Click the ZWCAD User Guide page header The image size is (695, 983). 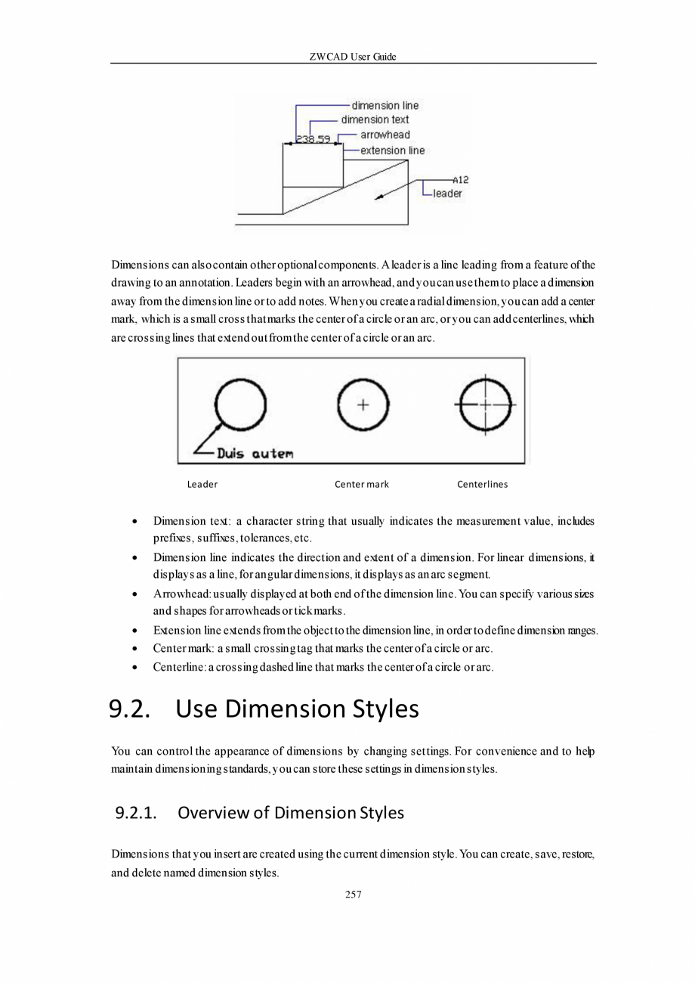pyautogui.click(x=353, y=57)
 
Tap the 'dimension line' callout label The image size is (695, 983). pyautogui.click(x=385, y=105)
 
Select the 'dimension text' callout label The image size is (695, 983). pyautogui.click(x=375, y=119)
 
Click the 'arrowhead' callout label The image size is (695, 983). pyautogui.click(x=385, y=135)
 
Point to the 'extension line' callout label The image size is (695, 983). pyautogui.click(x=392, y=150)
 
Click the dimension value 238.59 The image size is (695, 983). pyautogui.click(x=313, y=139)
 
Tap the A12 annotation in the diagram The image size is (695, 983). pyautogui.click(x=461, y=180)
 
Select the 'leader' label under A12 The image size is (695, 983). pyautogui.click(x=447, y=194)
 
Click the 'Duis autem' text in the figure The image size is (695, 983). pyautogui.click(x=255, y=454)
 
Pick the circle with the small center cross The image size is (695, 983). pyautogui.click(x=363, y=405)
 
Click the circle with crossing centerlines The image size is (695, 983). pyautogui.click(x=485, y=405)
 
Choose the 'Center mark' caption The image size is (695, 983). pyautogui.click(x=362, y=484)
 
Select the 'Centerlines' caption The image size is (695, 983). pyautogui.click(x=483, y=484)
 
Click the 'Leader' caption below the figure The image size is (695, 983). pyautogui.click(x=202, y=484)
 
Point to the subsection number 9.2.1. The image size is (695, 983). pyautogui.click(x=136, y=814)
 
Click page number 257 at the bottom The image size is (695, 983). pyautogui.click(x=353, y=895)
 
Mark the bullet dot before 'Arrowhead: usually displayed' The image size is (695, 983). pyautogui.click(x=134, y=594)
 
